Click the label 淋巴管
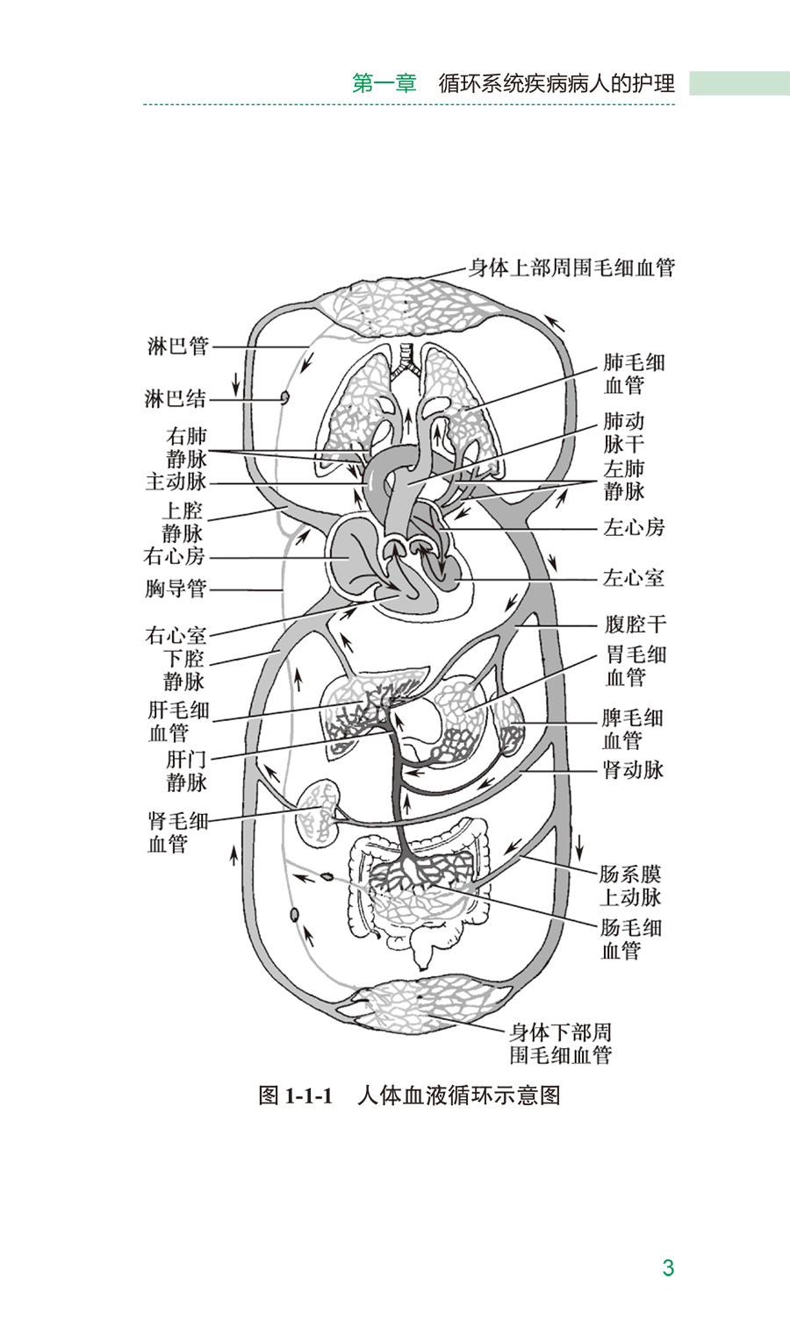tap(178, 346)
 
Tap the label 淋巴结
tap(176, 399)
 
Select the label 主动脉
tap(176, 482)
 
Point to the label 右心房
tap(175, 556)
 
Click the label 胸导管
tap(176, 589)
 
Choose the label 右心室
tap(176, 635)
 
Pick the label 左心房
tap(634, 527)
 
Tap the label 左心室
tap(633, 578)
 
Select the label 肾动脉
tap(633, 770)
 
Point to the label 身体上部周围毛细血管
tap(571, 268)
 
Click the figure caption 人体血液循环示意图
tap(458, 1096)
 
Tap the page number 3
tap(668, 1267)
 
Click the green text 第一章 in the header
tap(384, 83)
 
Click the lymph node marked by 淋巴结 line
tap(284, 397)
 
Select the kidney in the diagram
tap(319, 810)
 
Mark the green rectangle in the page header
tap(738, 83)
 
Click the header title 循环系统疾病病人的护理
tap(557, 83)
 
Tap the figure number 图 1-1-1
tap(296, 1096)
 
